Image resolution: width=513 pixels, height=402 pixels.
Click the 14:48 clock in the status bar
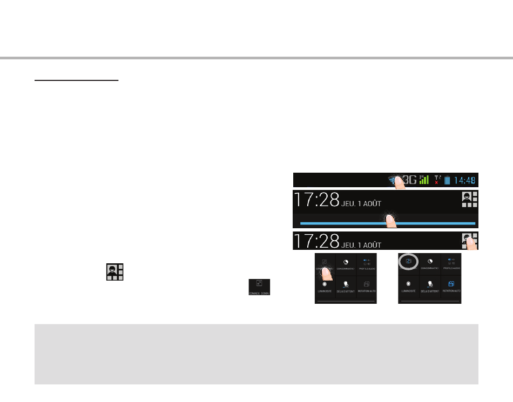pos(464,180)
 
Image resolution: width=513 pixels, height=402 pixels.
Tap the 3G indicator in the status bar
pos(410,180)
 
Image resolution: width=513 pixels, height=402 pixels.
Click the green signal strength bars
pos(424,180)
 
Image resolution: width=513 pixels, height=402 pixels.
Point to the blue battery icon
pos(447,181)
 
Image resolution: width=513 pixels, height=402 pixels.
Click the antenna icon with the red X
pos(436,180)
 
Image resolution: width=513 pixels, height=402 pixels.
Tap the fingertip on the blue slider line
pos(389,221)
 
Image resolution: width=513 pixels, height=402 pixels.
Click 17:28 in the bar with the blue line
pos(316,201)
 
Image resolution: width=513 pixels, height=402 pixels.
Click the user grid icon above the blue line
pos(470,199)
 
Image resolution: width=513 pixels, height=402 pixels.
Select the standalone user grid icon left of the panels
pos(115,272)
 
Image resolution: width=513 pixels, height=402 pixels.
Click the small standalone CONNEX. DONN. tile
pos(260,287)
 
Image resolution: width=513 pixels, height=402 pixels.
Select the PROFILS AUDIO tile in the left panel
pos(367,263)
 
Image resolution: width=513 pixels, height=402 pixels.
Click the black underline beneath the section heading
pos(76,81)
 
